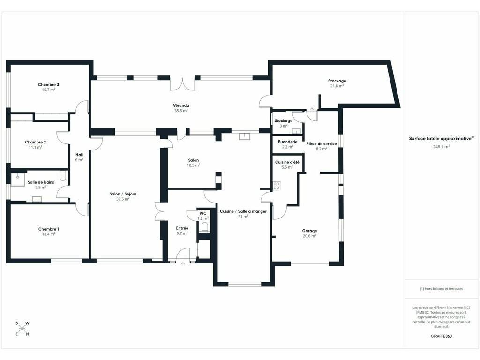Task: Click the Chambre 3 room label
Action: (48, 84)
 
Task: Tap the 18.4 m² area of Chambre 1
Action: (48, 234)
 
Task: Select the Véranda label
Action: (181, 105)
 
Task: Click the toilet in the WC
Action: (204, 227)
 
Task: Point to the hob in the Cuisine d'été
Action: (277, 186)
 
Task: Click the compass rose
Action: (22, 329)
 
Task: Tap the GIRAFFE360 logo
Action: (441, 336)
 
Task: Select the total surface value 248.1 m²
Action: (441, 147)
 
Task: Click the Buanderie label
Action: (287, 142)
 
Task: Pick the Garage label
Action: (309, 231)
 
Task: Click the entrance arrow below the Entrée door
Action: (183, 264)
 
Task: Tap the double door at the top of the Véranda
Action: (183, 84)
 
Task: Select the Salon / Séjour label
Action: (123, 194)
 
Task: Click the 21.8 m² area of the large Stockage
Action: (337, 86)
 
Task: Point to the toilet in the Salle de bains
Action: (63, 176)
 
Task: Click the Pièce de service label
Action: (322, 143)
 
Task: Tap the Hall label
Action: (79, 155)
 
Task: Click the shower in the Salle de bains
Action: (17, 180)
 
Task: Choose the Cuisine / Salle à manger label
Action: (243, 211)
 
